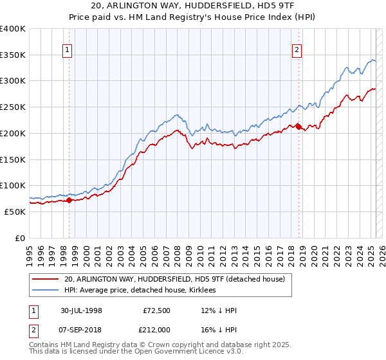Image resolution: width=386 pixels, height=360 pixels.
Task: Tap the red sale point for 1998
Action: pos(69,200)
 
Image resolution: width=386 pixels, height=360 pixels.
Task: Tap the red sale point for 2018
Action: pos(299,127)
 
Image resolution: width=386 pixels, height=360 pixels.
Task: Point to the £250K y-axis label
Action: pos(13,107)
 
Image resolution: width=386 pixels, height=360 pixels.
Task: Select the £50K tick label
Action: pos(15,212)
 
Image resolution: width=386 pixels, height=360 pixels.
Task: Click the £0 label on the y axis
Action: pos(21,238)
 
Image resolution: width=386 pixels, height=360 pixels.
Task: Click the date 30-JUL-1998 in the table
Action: pos(82,310)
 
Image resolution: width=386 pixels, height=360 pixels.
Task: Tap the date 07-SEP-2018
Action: pos(82,330)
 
